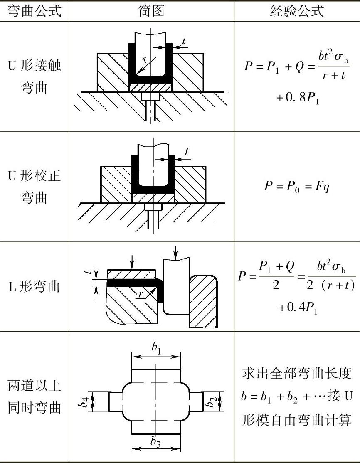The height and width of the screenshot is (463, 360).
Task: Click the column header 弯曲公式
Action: pyautogui.click(x=34, y=10)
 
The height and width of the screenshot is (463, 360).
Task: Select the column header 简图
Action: pyautogui.click(x=151, y=10)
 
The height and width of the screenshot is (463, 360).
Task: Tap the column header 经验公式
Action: pyautogui.click(x=296, y=10)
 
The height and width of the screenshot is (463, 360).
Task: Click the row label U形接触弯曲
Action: pyautogui.click(x=34, y=76)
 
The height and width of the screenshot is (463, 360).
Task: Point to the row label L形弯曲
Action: pyautogui.click(x=34, y=286)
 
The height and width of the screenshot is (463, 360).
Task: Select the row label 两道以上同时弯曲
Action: pyautogui.click(x=34, y=397)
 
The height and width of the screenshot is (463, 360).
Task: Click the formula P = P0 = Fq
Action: pyautogui.click(x=297, y=185)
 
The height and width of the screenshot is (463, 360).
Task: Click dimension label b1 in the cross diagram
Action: pyautogui.click(x=156, y=349)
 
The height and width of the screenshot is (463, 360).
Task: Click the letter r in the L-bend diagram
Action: pyautogui.click(x=141, y=294)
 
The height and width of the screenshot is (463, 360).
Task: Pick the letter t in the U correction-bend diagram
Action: pyautogui.click(x=186, y=152)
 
